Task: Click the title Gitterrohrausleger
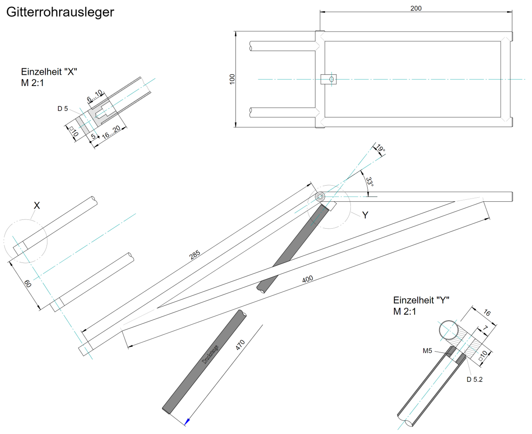tap(60, 12)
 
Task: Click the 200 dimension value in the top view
tap(416, 8)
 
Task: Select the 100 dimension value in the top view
tap(232, 79)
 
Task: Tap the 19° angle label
tap(381, 148)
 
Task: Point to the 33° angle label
tap(369, 182)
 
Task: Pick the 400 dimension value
tap(307, 279)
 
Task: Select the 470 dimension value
tap(240, 345)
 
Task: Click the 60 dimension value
tap(28, 284)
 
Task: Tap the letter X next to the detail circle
tap(37, 206)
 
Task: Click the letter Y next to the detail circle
tap(365, 215)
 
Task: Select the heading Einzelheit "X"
tap(49, 72)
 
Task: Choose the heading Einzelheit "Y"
tap(421, 300)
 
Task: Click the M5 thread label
tap(427, 351)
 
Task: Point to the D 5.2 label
tap(474, 379)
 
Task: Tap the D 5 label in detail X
tap(62, 109)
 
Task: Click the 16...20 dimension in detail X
tap(111, 132)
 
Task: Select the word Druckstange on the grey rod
tap(210, 355)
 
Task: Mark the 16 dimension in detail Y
tap(487, 313)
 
